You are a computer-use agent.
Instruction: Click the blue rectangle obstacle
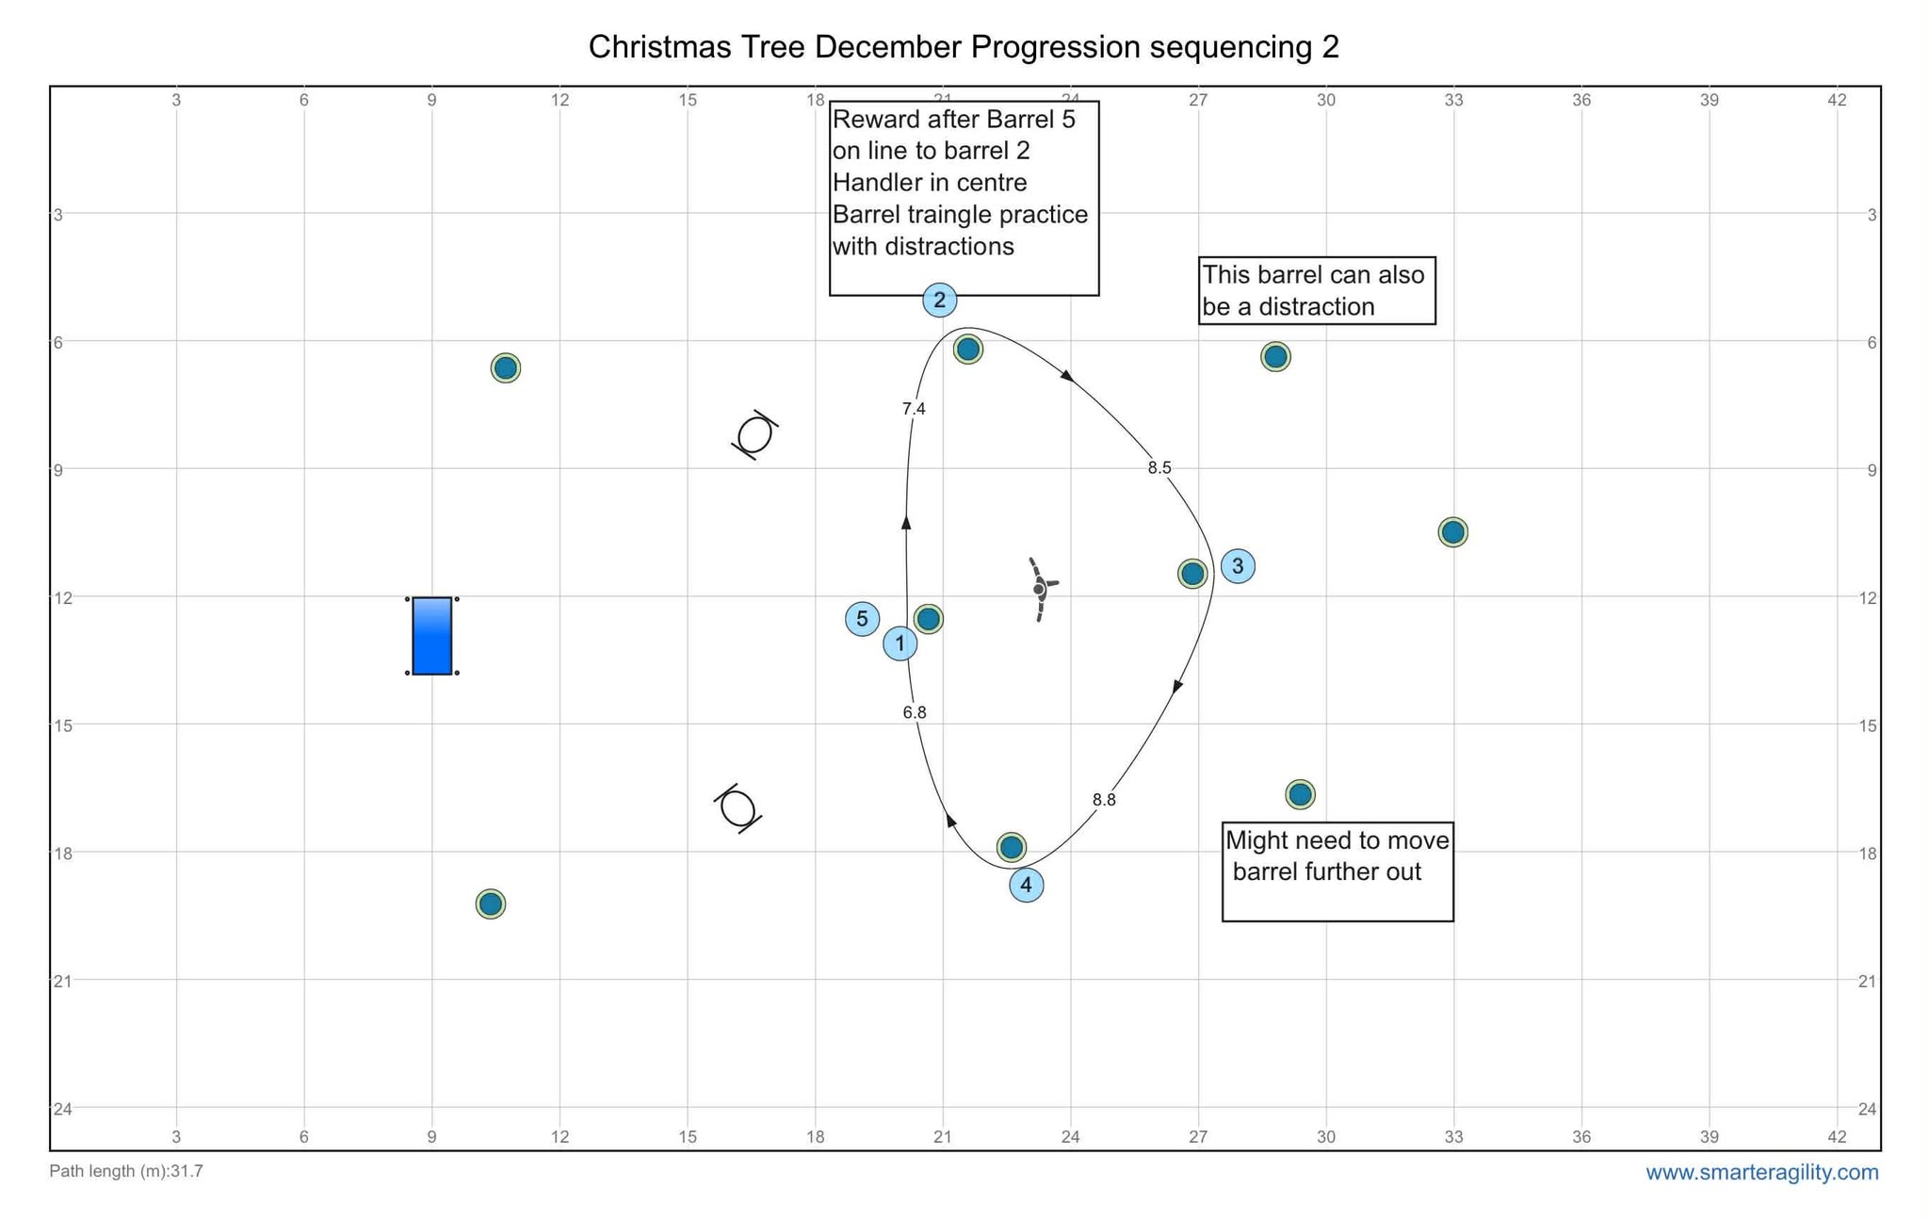(x=431, y=636)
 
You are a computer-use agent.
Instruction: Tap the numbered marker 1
(x=900, y=644)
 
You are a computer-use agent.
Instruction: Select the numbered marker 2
(x=939, y=301)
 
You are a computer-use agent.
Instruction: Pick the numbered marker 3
(x=1238, y=566)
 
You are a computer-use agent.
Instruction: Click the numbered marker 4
(x=1026, y=886)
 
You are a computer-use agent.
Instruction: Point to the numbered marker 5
(x=862, y=619)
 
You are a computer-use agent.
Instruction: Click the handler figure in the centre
(x=1040, y=589)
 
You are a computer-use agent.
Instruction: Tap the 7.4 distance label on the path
(x=914, y=409)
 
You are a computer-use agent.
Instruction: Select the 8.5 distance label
(x=1159, y=467)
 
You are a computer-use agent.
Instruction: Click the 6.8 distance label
(x=914, y=712)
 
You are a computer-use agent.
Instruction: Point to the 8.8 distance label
(x=1104, y=800)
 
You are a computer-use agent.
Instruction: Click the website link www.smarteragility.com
(x=1761, y=1173)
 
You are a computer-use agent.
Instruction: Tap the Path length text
(x=126, y=1172)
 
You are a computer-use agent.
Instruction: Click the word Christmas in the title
(x=651, y=47)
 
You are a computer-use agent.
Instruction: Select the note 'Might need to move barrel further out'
(x=1337, y=855)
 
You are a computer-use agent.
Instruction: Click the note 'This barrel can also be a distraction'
(x=1316, y=290)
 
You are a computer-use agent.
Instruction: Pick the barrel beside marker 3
(x=1192, y=573)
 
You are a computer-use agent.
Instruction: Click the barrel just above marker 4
(x=1011, y=847)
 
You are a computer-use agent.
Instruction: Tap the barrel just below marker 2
(x=967, y=350)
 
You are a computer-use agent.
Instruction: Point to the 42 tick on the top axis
(x=1837, y=100)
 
